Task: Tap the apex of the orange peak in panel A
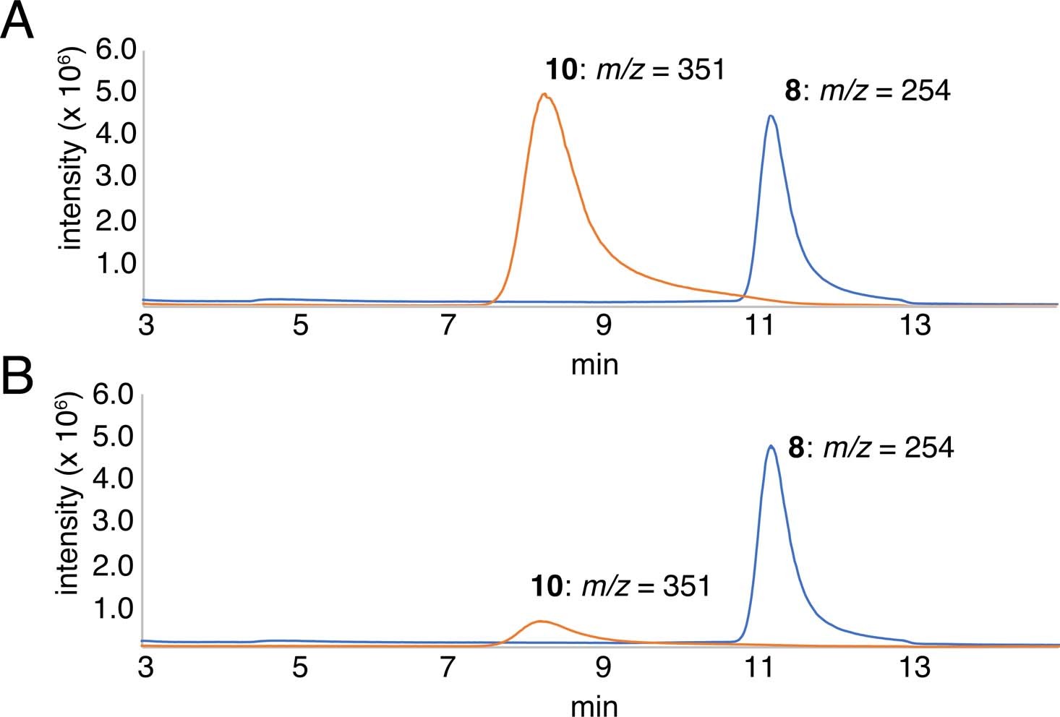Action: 544,95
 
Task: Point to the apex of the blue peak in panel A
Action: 771,116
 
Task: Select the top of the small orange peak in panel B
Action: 539,621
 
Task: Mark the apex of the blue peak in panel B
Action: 771,446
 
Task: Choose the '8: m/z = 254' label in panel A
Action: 867,92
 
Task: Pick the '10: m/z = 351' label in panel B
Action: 620,585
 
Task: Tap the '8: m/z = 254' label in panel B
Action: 871,448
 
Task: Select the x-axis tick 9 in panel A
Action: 602,326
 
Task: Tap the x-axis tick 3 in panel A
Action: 147,326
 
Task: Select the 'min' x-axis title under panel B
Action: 594,705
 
